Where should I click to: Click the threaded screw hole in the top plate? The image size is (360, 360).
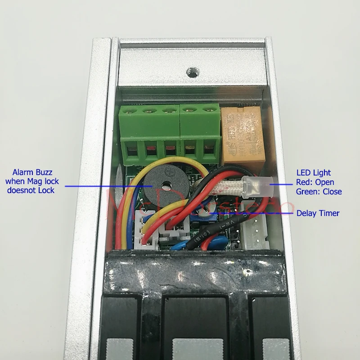click(x=192, y=71)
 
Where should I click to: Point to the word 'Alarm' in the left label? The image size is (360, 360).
click(x=23, y=172)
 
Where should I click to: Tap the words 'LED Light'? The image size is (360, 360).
click(x=313, y=173)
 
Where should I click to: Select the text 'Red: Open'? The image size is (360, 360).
click(x=315, y=182)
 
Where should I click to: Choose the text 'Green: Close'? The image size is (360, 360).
click(x=319, y=192)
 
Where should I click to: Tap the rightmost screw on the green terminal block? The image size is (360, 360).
click(x=208, y=109)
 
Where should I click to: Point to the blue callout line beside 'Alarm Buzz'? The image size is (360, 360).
click(x=108, y=185)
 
